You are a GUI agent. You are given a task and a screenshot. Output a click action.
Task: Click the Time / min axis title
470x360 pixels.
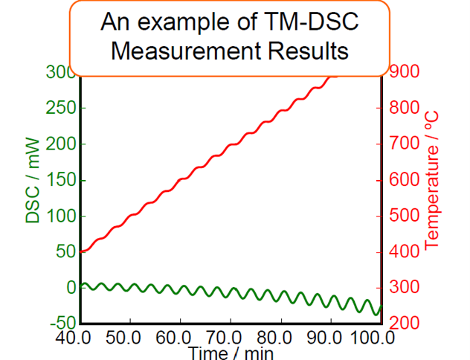[230, 352]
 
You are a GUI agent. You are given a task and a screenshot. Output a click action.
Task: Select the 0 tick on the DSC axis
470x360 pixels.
[70, 288]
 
